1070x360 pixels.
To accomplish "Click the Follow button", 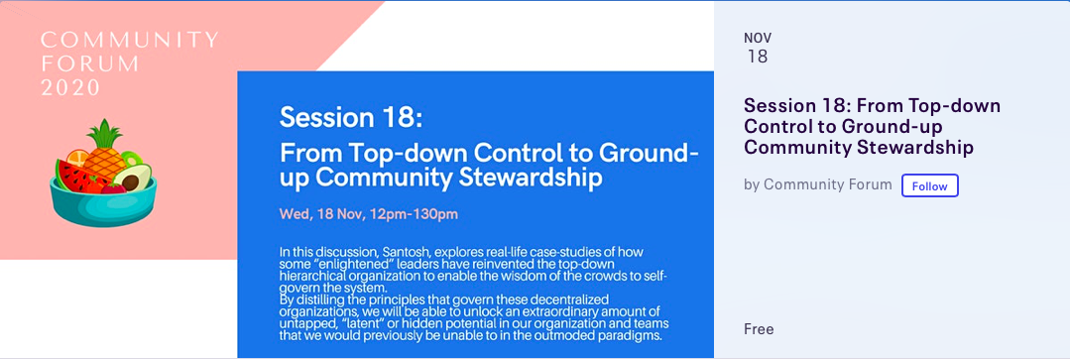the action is point(929,185).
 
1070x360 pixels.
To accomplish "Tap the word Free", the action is point(759,329).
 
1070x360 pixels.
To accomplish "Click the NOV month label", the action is point(758,38).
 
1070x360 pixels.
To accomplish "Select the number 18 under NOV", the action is point(758,58).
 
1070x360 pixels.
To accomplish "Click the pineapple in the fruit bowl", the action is point(104,150).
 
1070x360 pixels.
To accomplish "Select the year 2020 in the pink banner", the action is point(70,87).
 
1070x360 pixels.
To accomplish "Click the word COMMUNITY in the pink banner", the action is point(130,40).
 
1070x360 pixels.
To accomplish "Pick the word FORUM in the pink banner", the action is point(90,63).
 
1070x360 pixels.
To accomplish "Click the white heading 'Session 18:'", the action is point(351,117).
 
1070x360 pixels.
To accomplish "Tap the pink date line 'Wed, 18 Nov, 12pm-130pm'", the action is point(369,215).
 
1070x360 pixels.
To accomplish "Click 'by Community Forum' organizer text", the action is point(817,184).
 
